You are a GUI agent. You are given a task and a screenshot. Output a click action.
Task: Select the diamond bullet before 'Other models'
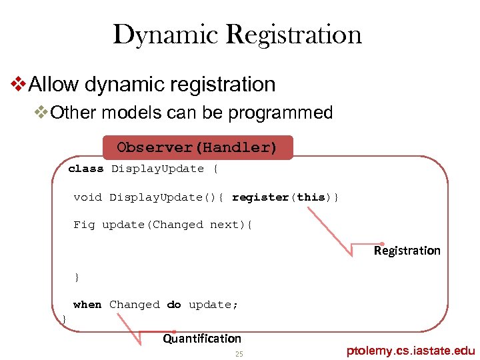coord(41,113)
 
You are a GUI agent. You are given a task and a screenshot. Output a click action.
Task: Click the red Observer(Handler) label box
coord(197,147)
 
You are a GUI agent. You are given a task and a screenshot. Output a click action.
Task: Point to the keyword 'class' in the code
coord(86,169)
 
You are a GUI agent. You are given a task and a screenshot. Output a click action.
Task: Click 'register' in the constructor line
coord(260,197)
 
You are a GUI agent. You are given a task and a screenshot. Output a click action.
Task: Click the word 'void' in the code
coord(87,197)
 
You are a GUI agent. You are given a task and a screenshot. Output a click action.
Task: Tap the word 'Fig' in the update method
coord(84,225)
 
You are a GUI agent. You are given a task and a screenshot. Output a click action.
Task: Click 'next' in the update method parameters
coord(224,225)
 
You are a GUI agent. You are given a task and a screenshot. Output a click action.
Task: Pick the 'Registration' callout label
coord(407,251)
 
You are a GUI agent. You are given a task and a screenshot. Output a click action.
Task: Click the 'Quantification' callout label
coord(202,339)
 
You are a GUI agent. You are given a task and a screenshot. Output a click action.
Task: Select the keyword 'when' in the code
coord(87,305)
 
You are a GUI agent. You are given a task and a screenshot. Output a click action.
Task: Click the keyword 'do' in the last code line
coord(174,305)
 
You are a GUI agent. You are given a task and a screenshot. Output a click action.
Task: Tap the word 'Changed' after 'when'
coord(134,305)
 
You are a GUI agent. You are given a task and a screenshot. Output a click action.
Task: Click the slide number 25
coord(239,354)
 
